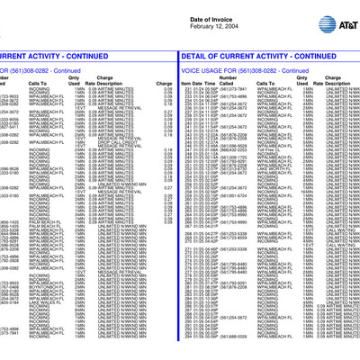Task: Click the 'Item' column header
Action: click(x=185, y=84)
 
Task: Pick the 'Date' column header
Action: click(x=199, y=84)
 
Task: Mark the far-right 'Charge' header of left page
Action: click(x=164, y=84)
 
